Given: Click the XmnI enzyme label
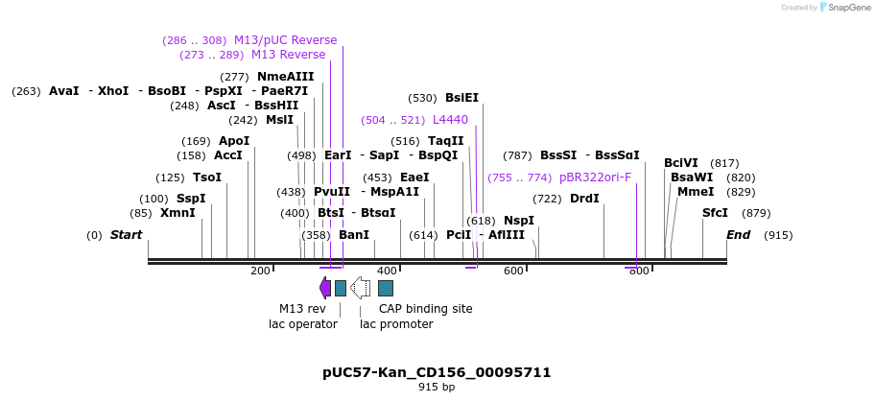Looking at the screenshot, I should pyautogui.click(x=177, y=213).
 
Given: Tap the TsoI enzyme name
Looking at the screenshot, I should pyautogui.click(x=207, y=177).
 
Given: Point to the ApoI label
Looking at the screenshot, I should pyautogui.click(x=234, y=141).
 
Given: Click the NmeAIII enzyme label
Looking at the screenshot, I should pyautogui.click(x=285, y=77).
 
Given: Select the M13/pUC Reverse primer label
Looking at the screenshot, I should pyautogui.click(x=285, y=40).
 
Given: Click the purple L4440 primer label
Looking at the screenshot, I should pyautogui.click(x=450, y=120).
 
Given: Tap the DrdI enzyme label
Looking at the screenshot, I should pyautogui.click(x=584, y=199).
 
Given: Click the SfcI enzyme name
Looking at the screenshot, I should pyautogui.click(x=715, y=213).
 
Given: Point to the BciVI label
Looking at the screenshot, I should pyautogui.click(x=681, y=163).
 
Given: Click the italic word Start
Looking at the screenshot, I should pyautogui.click(x=126, y=235).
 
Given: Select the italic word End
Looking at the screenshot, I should pyautogui.click(x=739, y=235).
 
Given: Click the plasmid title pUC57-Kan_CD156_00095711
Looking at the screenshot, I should pyautogui.click(x=437, y=372).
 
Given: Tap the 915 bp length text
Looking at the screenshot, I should pyautogui.click(x=437, y=388).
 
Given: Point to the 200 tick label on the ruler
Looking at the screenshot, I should pyautogui.click(x=260, y=272).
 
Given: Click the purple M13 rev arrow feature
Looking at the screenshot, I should pyautogui.click(x=325, y=288).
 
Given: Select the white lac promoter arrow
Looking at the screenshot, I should pyautogui.click(x=360, y=288).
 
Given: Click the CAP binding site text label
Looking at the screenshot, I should pyautogui.click(x=425, y=309).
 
